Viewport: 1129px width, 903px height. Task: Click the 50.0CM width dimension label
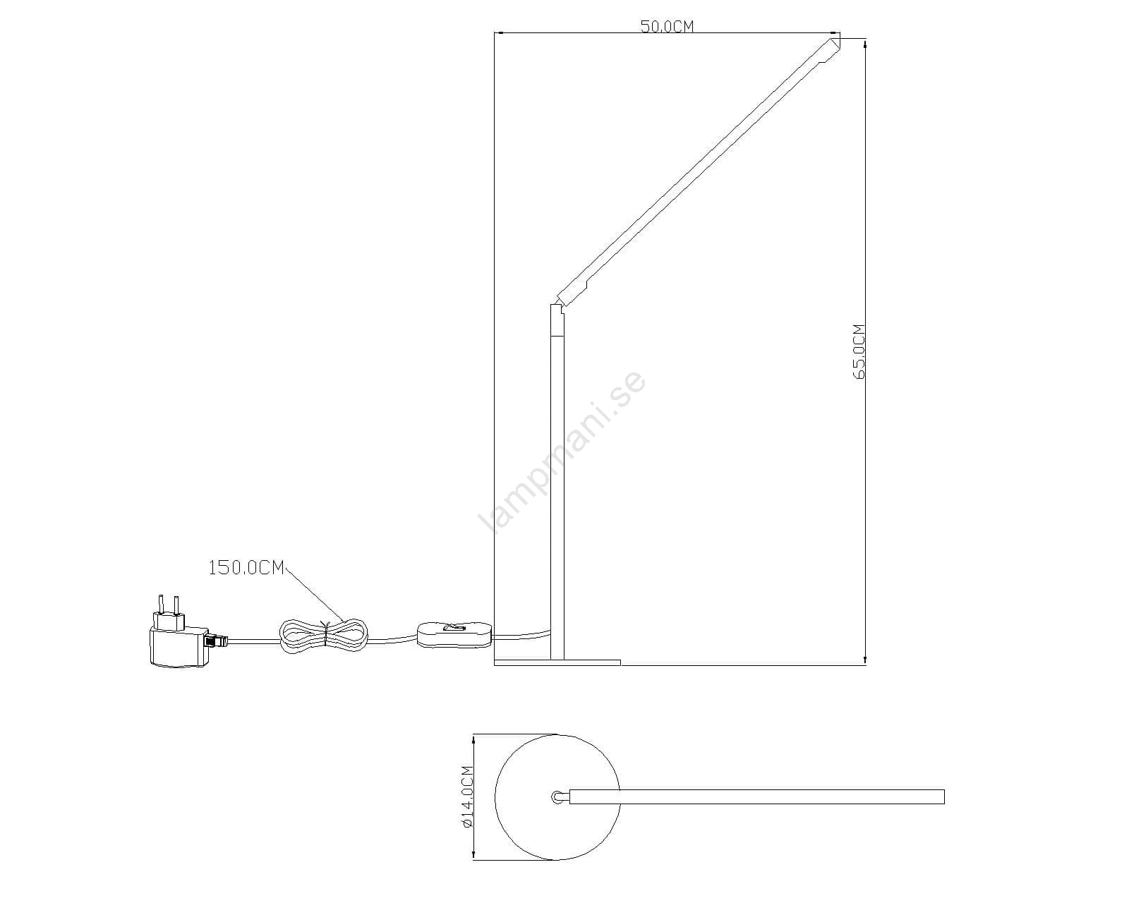click(667, 26)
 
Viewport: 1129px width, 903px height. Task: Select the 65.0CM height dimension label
click(859, 351)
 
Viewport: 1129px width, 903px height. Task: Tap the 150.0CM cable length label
click(246, 568)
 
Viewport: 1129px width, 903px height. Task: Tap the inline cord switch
click(455, 635)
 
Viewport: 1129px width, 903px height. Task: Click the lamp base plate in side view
click(557, 662)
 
